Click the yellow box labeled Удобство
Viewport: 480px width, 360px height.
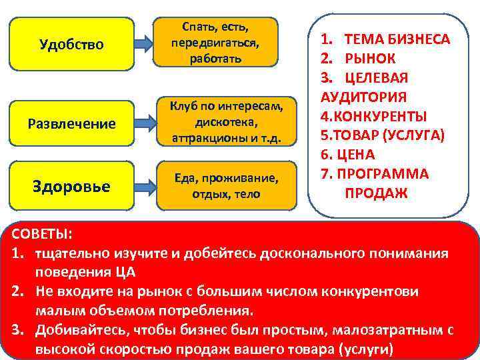(72, 44)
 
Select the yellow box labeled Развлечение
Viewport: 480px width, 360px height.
(72, 123)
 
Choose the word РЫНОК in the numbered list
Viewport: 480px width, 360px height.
(369, 58)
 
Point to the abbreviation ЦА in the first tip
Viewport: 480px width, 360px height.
(127, 273)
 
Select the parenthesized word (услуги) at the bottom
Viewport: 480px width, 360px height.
(366, 349)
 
